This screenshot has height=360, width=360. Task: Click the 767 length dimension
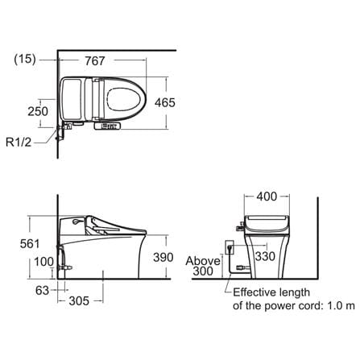coord(94,61)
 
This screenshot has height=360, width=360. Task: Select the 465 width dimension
coord(165,102)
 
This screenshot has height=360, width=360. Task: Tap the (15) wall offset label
coord(25,59)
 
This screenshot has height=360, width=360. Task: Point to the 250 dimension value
coord(38,111)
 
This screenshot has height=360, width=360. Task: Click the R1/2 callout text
coord(19,142)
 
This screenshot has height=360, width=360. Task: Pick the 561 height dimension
coord(30,243)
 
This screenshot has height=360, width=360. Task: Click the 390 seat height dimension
coord(163,257)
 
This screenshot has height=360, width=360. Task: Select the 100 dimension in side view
coord(43,262)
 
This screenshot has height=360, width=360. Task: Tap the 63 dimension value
coord(42,290)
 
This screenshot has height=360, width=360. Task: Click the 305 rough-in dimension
coord(79,301)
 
